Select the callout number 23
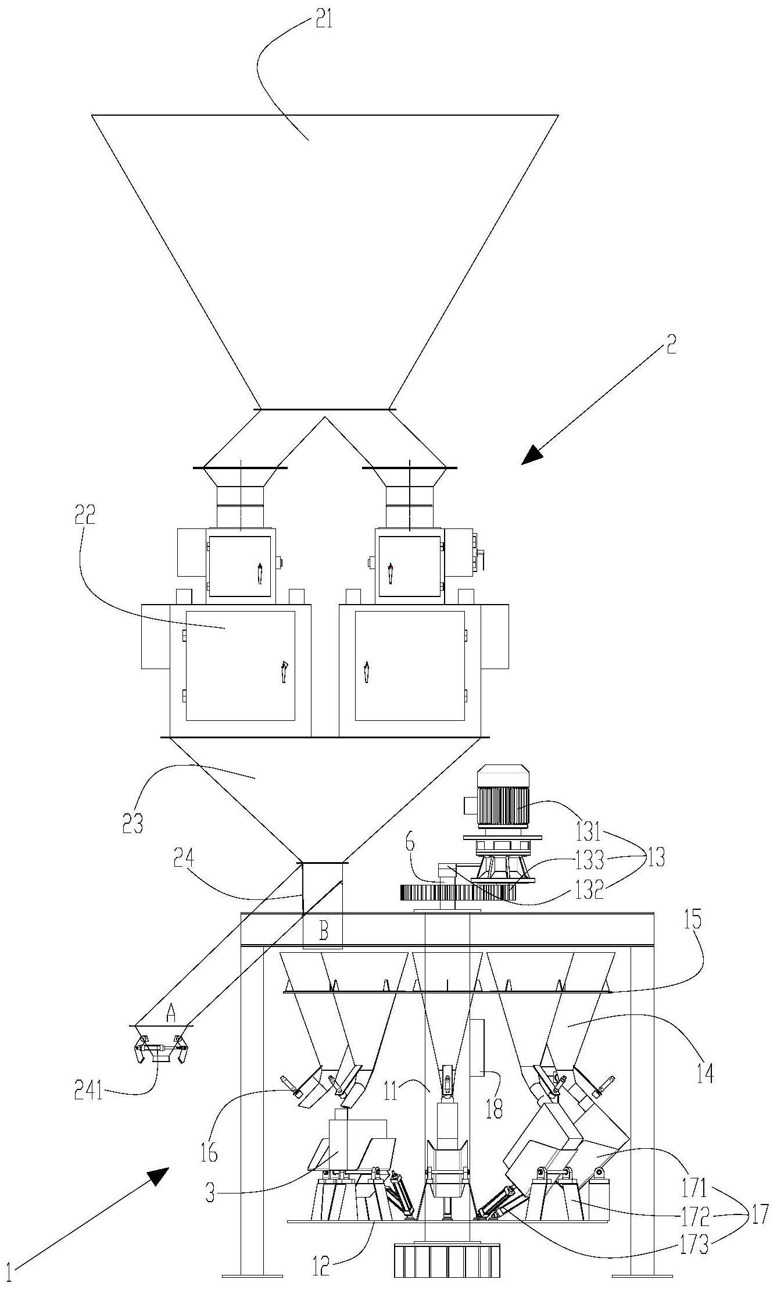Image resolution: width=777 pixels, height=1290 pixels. (x=133, y=822)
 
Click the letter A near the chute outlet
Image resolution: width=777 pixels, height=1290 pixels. (x=171, y=1013)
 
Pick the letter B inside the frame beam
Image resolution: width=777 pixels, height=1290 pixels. (x=323, y=932)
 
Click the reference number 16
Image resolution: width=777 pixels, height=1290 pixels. (x=209, y=1150)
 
